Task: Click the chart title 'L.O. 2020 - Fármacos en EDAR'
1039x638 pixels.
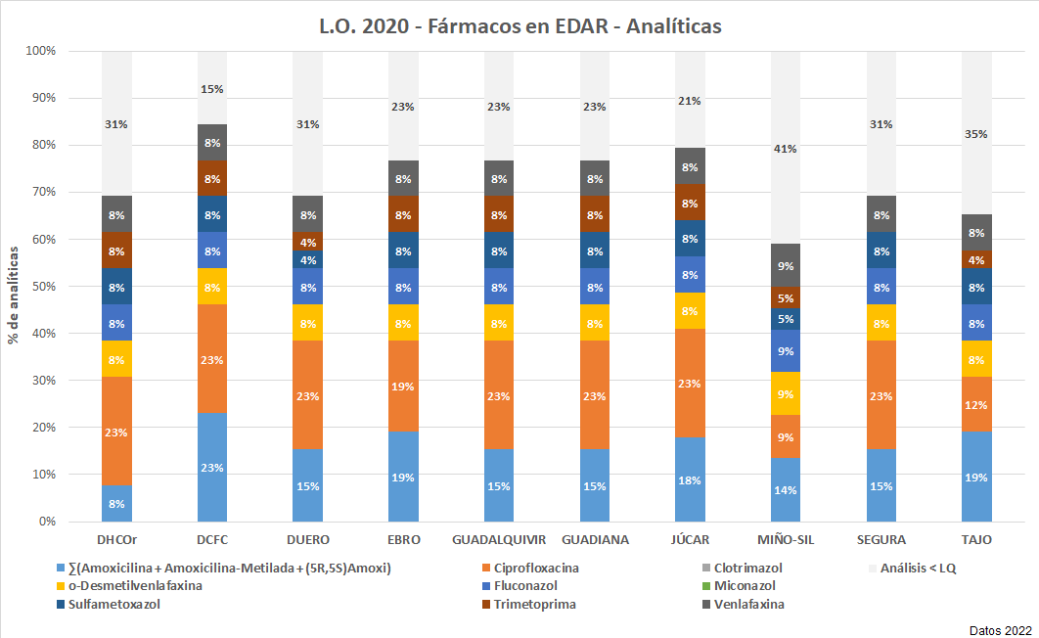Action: click(519, 25)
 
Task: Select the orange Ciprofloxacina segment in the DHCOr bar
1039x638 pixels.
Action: click(116, 432)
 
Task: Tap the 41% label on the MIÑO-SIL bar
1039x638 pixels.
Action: click(786, 149)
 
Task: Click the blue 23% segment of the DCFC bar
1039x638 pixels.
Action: click(212, 468)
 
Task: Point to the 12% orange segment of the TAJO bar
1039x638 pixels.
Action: click(976, 405)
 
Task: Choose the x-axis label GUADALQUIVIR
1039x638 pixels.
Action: click(499, 539)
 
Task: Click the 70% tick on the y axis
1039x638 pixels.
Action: click(41, 192)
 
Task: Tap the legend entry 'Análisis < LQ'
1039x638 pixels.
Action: click(917, 568)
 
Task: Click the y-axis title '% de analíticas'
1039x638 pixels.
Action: click(14, 295)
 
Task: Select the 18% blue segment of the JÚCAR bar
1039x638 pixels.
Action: click(690, 479)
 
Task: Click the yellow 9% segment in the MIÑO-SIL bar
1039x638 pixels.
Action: click(786, 394)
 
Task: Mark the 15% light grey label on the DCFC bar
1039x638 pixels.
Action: click(212, 89)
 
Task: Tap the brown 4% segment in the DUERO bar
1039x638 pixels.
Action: click(307, 242)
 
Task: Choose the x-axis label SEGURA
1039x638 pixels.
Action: click(881, 539)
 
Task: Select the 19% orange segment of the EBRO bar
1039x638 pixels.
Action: click(403, 387)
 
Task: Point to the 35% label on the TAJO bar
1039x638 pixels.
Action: click(976, 134)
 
